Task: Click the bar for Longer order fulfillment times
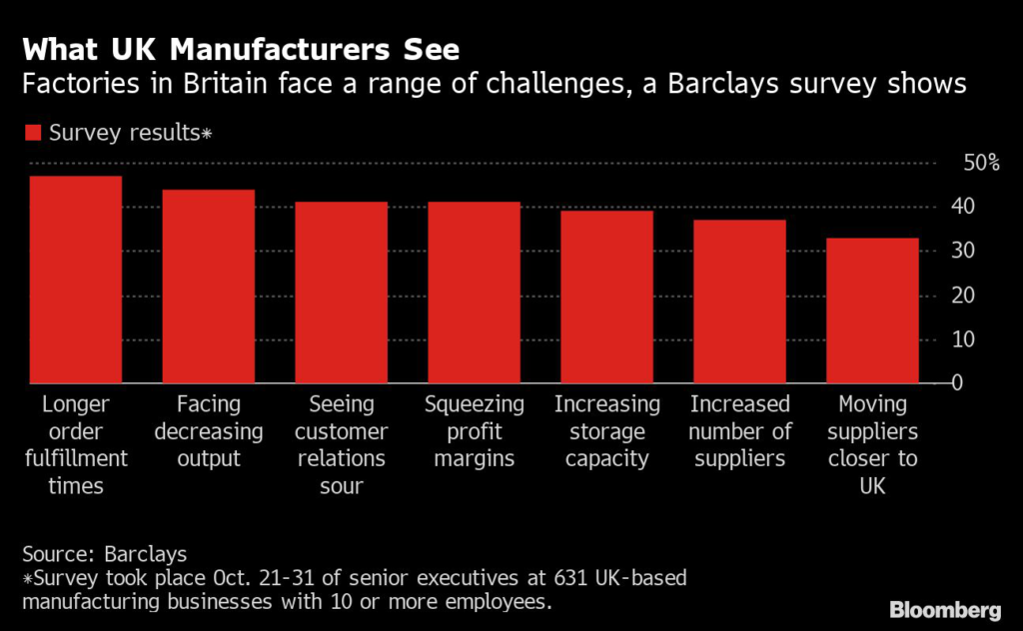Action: click(75, 280)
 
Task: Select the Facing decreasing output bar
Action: click(208, 287)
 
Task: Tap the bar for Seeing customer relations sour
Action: click(341, 293)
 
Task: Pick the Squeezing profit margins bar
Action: click(474, 293)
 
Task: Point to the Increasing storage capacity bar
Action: click(606, 297)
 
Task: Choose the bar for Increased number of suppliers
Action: click(739, 302)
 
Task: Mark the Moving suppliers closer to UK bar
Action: click(872, 311)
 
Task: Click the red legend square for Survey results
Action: click(33, 133)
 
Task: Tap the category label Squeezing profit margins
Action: click(474, 431)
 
